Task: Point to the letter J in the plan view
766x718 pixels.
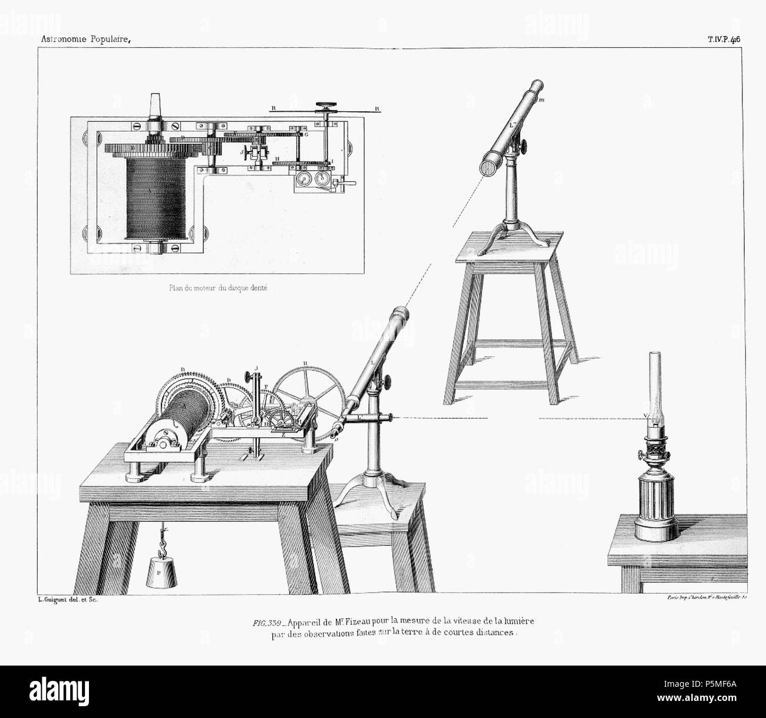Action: [x=242, y=151]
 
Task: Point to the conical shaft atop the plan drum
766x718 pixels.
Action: [x=156, y=103]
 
